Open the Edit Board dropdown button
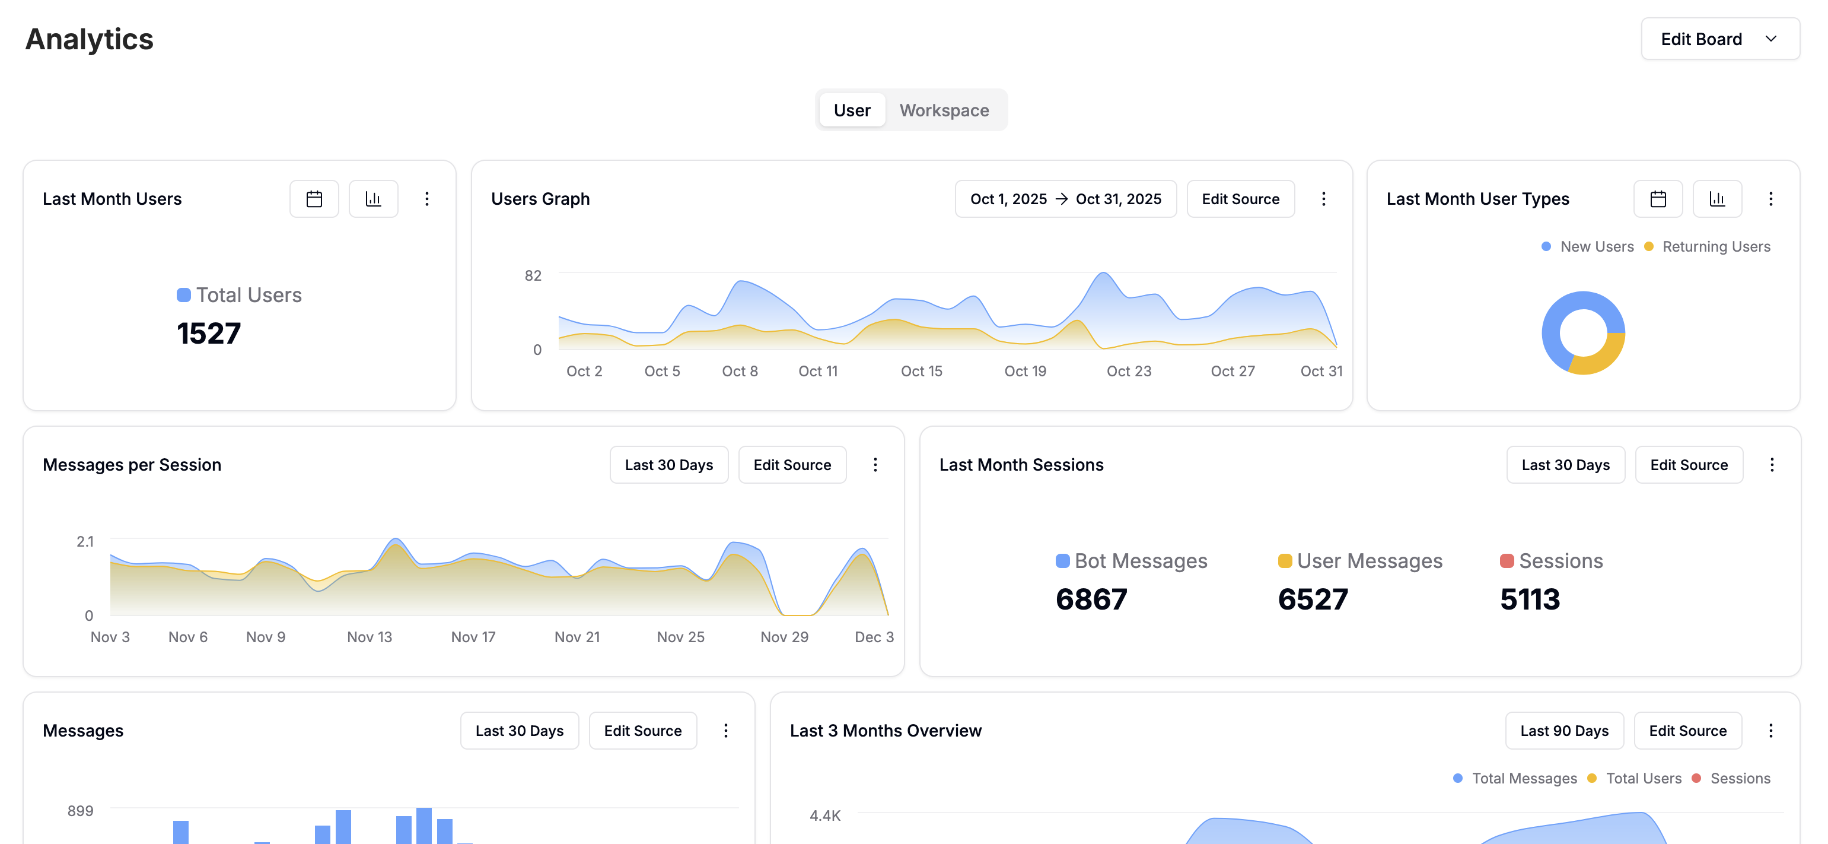pyautogui.click(x=1719, y=39)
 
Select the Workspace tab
pyautogui.click(x=944, y=110)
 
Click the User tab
pyautogui.click(x=852, y=110)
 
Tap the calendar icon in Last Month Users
pyautogui.click(x=314, y=199)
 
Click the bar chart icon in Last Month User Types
pyautogui.click(x=1716, y=199)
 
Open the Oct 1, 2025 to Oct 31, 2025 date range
pyautogui.click(x=1065, y=199)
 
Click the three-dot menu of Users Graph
pyautogui.click(x=1323, y=199)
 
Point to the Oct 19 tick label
pyautogui.click(x=1025, y=371)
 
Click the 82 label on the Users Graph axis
pyautogui.click(x=533, y=275)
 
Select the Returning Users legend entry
pyautogui.click(x=1715, y=246)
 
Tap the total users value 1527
pyautogui.click(x=209, y=333)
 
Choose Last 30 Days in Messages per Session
pyautogui.click(x=668, y=465)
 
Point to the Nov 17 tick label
pyautogui.click(x=473, y=637)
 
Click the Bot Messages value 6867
pyautogui.click(x=1091, y=599)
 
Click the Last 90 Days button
pyautogui.click(x=1563, y=731)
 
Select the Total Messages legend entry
pyautogui.click(x=1524, y=778)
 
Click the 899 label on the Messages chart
pyautogui.click(x=80, y=811)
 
